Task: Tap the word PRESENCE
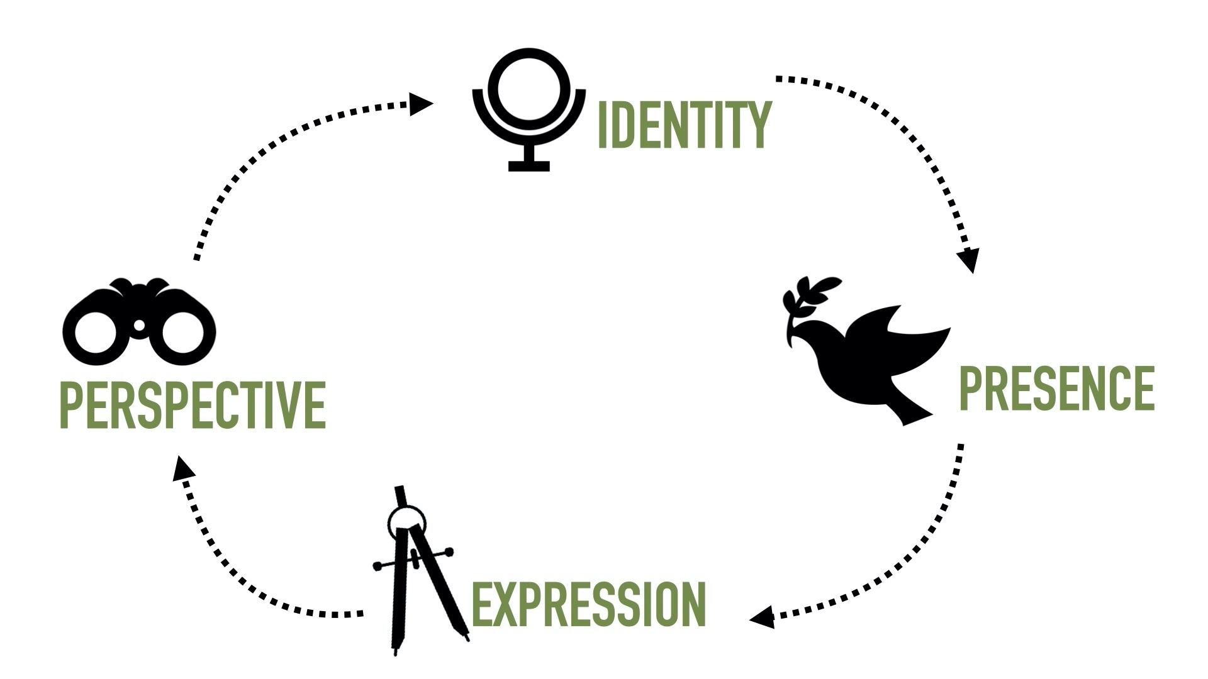click(x=1056, y=389)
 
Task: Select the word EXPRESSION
click(x=588, y=604)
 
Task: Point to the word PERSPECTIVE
click(x=193, y=406)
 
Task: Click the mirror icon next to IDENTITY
click(x=528, y=107)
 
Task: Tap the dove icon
click(x=875, y=358)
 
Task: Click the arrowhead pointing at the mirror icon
click(x=421, y=104)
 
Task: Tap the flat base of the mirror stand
click(x=528, y=166)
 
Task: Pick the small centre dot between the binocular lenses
click(x=139, y=324)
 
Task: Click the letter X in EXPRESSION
click(x=500, y=604)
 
